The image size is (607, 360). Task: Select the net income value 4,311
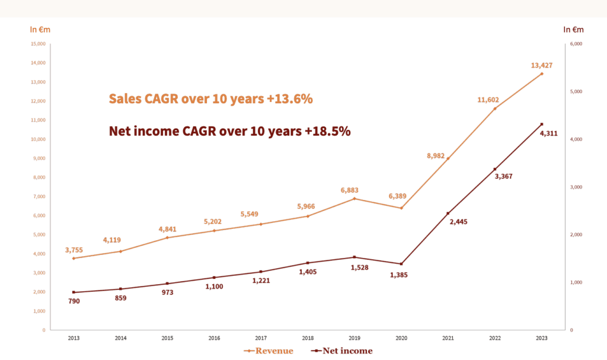pos(549,133)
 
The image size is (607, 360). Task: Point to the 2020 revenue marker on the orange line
pos(401,208)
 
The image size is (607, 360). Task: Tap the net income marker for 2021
pos(448,214)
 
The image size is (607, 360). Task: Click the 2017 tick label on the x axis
pos(261,338)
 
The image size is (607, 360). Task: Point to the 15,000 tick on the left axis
pos(39,44)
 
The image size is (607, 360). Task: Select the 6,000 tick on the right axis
pos(576,44)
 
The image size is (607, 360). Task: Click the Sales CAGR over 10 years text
pos(210,99)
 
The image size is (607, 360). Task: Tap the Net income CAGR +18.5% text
pos(230,132)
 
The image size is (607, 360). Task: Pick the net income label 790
pos(74,301)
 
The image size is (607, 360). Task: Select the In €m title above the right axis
pos(573,29)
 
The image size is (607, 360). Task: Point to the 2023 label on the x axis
pos(542,338)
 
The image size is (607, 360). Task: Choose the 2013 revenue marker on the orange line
pos(74,259)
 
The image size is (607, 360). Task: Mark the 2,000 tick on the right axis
pos(576,235)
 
